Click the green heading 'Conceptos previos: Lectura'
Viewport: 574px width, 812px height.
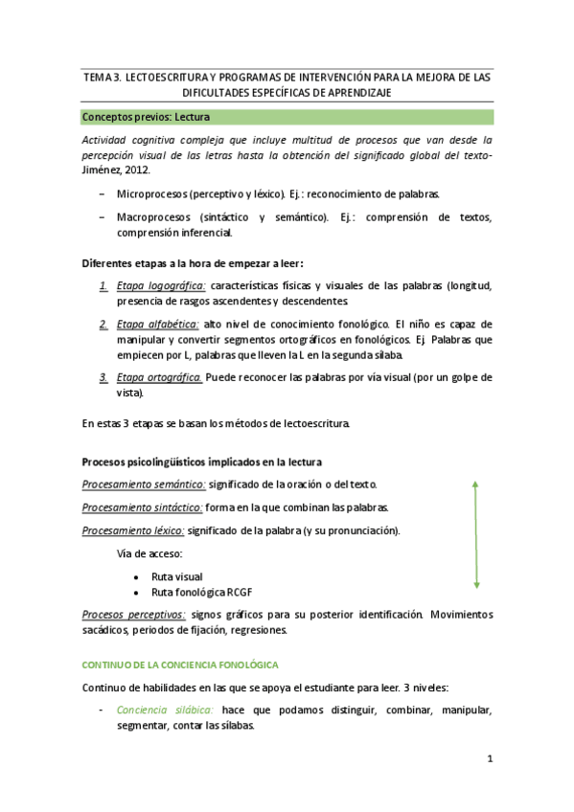147,118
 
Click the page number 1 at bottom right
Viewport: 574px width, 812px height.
489,760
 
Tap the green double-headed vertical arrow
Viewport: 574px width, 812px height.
476,534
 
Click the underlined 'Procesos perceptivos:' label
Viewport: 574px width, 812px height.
134,615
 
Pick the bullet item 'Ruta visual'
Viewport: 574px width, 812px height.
176,576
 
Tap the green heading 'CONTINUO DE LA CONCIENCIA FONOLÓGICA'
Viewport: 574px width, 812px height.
179,664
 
